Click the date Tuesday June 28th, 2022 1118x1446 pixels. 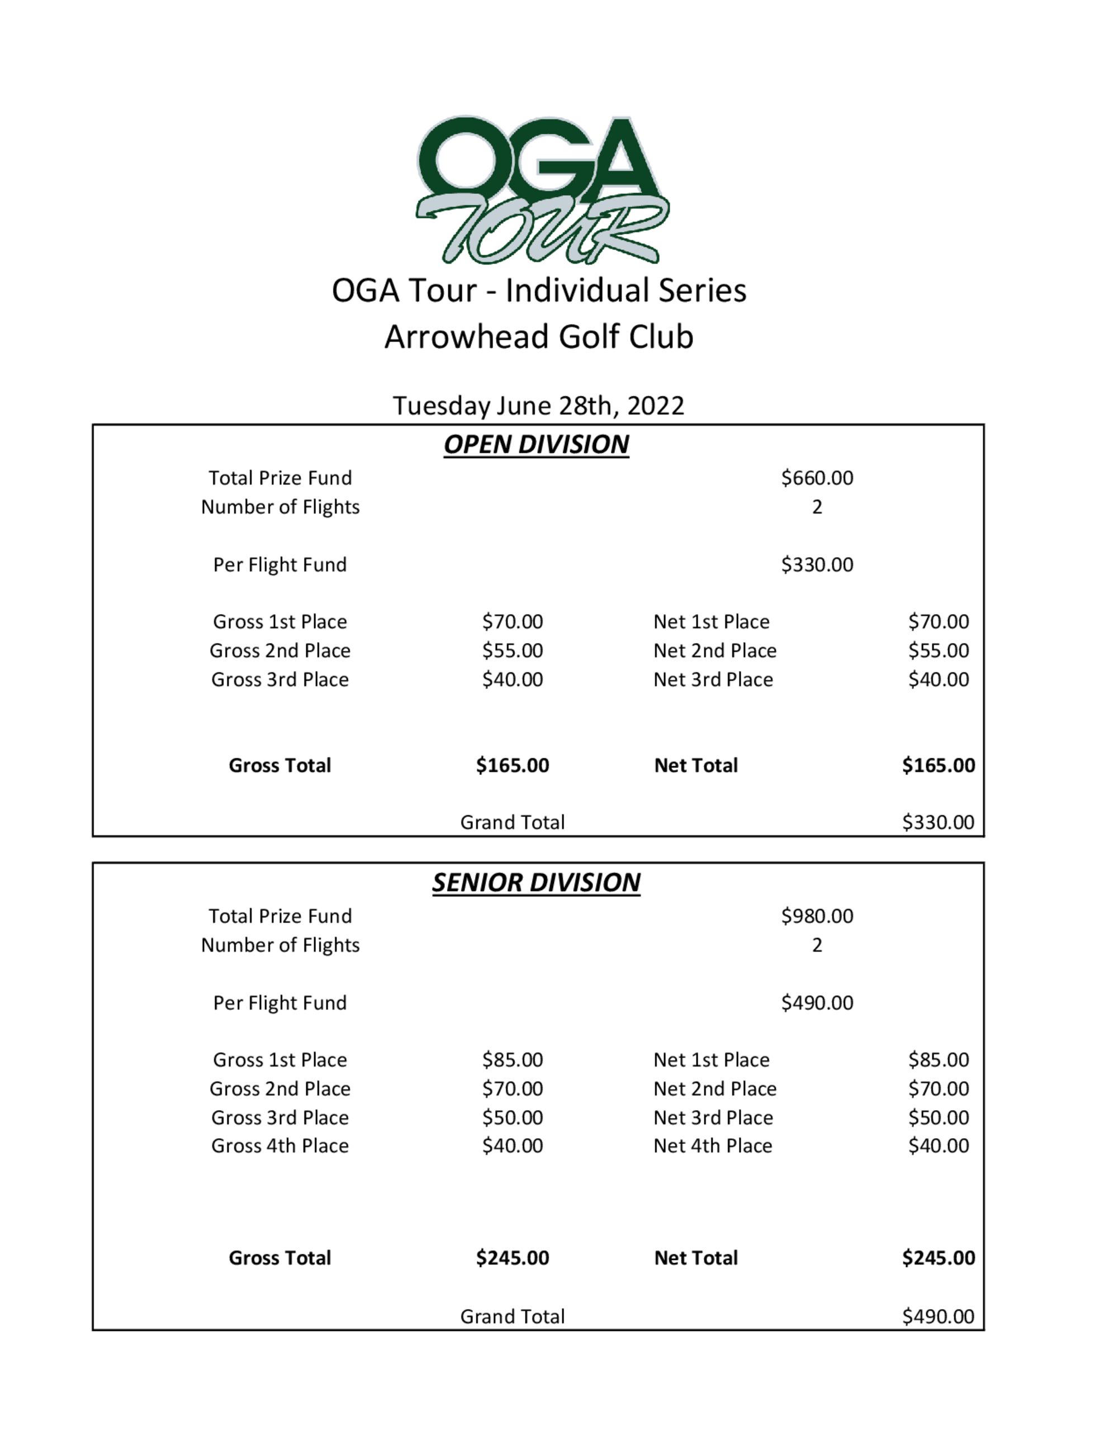[538, 405]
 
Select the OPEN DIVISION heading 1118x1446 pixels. [536, 444]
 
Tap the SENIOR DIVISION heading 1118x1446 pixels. [536, 883]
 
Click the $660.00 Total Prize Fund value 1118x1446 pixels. [817, 477]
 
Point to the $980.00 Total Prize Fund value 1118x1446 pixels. [817, 916]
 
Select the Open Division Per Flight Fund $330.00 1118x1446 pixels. [817, 565]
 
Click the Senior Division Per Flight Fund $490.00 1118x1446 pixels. [817, 1002]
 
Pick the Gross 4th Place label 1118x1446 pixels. [279, 1146]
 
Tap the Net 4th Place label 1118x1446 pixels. [713, 1146]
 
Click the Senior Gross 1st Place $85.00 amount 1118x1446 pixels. [512, 1060]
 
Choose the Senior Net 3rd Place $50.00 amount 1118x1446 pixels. [938, 1117]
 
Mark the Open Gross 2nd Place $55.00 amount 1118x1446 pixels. [512, 651]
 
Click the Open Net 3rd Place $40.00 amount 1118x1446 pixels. [938, 679]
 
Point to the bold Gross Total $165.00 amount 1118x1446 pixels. [512, 765]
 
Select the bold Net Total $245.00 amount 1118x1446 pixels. [938, 1258]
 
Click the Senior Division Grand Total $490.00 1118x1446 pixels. [938, 1316]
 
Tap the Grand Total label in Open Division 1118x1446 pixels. [512, 822]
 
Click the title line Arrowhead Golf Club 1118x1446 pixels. [538, 336]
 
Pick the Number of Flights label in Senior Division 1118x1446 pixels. [279, 945]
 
